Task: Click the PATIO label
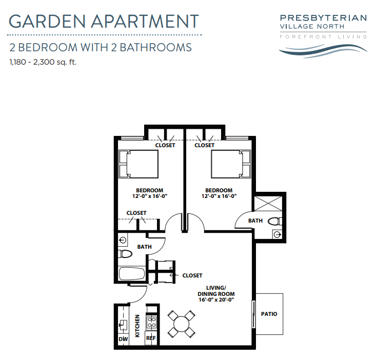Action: pyautogui.click(x=269, y=314)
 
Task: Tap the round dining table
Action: pyautogui.click(x=181, y=324)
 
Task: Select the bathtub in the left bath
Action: pyautogui.click(x=132, y=274)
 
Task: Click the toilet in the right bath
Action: pyautogui.click(x=274, y=221)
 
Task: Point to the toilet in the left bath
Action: pyautogui.click(x=125, y=254)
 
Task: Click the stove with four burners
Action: pyautogui.click(x=151, y=322)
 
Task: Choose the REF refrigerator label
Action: pyautogui.click(x=151, y=338)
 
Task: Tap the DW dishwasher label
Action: pyautogui.click(x=123, y=339)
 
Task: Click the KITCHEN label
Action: pyautogui.click(x=137, y=326)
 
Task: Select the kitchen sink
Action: pyautogui.click(x=123, y=325)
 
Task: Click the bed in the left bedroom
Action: pyautogui.click(x=138, y=164)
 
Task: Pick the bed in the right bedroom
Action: pyautogui.click(x=231, y=164)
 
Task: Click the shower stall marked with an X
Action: pyautogui.click(x=268, y=204)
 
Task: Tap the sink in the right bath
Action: pyautogui.click(x=277, y=234)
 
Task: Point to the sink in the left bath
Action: pyautogui.click(x=123, y=239)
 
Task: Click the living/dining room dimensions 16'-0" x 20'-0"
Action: pyautogui.click(x=216, y=299)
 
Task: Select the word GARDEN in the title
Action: pyautogui.click(x=47, y=21)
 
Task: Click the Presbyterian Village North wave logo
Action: pyautogui.click(x=323, y=51)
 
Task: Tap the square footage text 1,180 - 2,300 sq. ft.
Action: pyautogui.click(x=43, y=63)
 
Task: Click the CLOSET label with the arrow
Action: pyautogui.click(x=192, y=275)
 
